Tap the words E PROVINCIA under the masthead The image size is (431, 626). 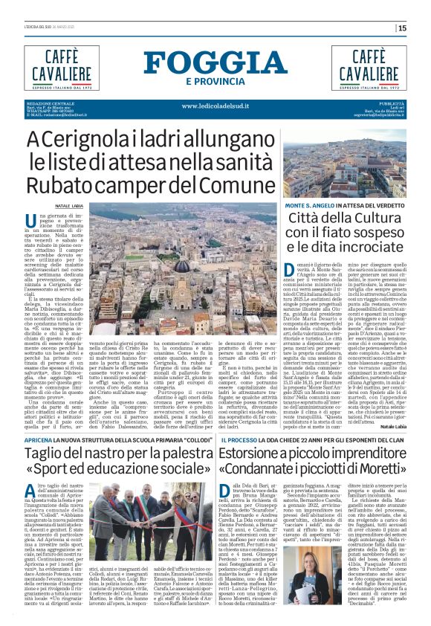click(x=215, y=81)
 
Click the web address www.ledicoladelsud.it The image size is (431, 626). click(x=215, y=106)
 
